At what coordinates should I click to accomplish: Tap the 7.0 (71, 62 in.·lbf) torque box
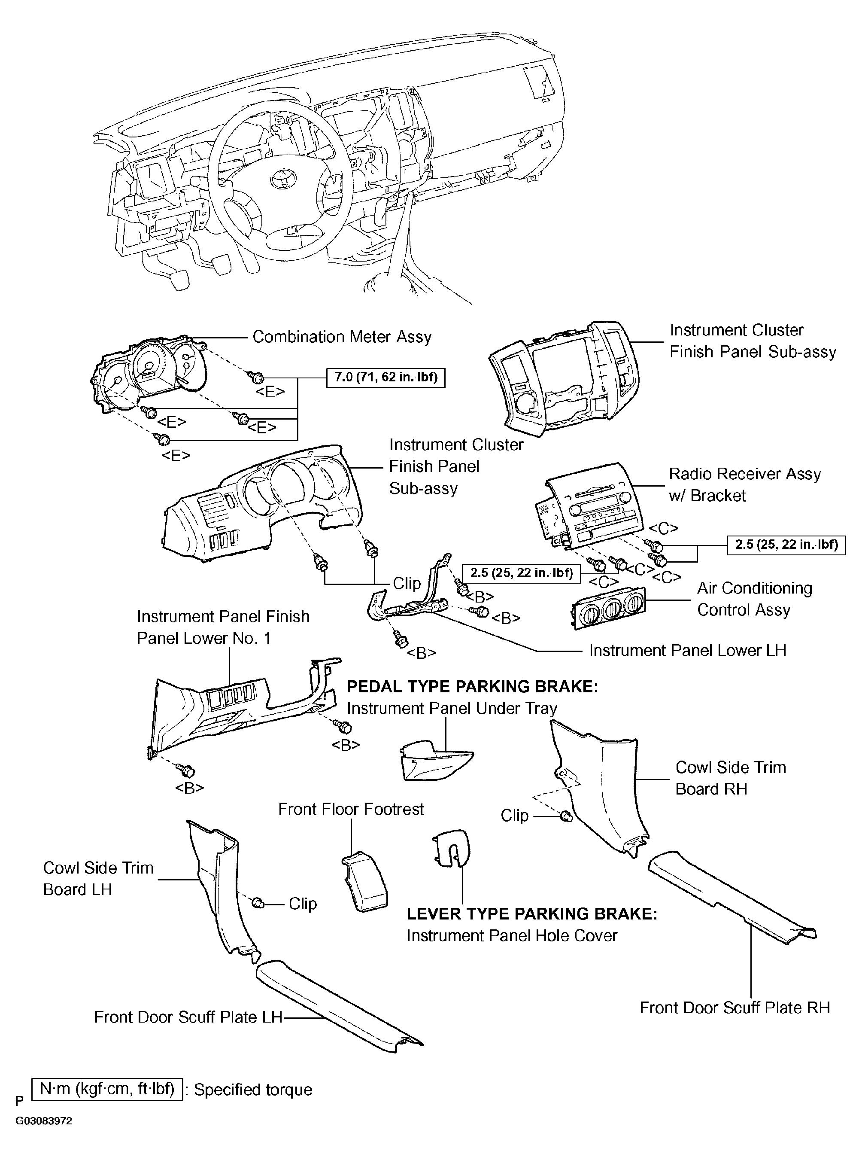coord(385,378)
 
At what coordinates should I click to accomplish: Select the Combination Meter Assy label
coord(342,337)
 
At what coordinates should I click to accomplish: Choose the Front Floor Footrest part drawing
coord(364,883)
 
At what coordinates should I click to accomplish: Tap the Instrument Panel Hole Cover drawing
coord(451,848)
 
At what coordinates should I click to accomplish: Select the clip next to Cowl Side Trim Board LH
coord(258,903)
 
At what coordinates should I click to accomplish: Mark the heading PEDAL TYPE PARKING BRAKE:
coord(472,687)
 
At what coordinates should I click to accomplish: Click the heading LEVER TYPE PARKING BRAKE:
coord(532,914)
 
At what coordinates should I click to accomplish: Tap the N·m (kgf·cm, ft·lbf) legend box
coord(107,1089)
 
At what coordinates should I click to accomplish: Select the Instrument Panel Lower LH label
coord(688,651)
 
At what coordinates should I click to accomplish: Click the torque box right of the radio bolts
coord(786,545)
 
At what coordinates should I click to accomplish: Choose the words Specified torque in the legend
coord(253,1090)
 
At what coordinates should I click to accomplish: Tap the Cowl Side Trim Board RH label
coord(731,778)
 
